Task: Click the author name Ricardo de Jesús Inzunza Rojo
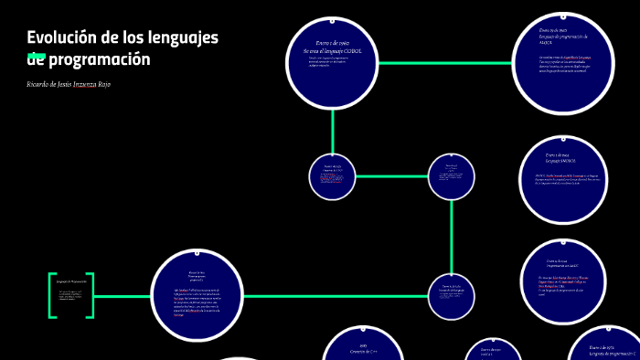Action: tap(69, 84)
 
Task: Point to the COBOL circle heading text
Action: tap(332, 48)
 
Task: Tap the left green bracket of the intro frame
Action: tap(52, 296)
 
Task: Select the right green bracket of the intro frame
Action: tap(91, 296)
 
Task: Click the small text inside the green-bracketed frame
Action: tap(70, 296)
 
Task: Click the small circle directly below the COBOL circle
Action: tap(332, 176)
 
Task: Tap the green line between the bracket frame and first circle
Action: tap(123, 296)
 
